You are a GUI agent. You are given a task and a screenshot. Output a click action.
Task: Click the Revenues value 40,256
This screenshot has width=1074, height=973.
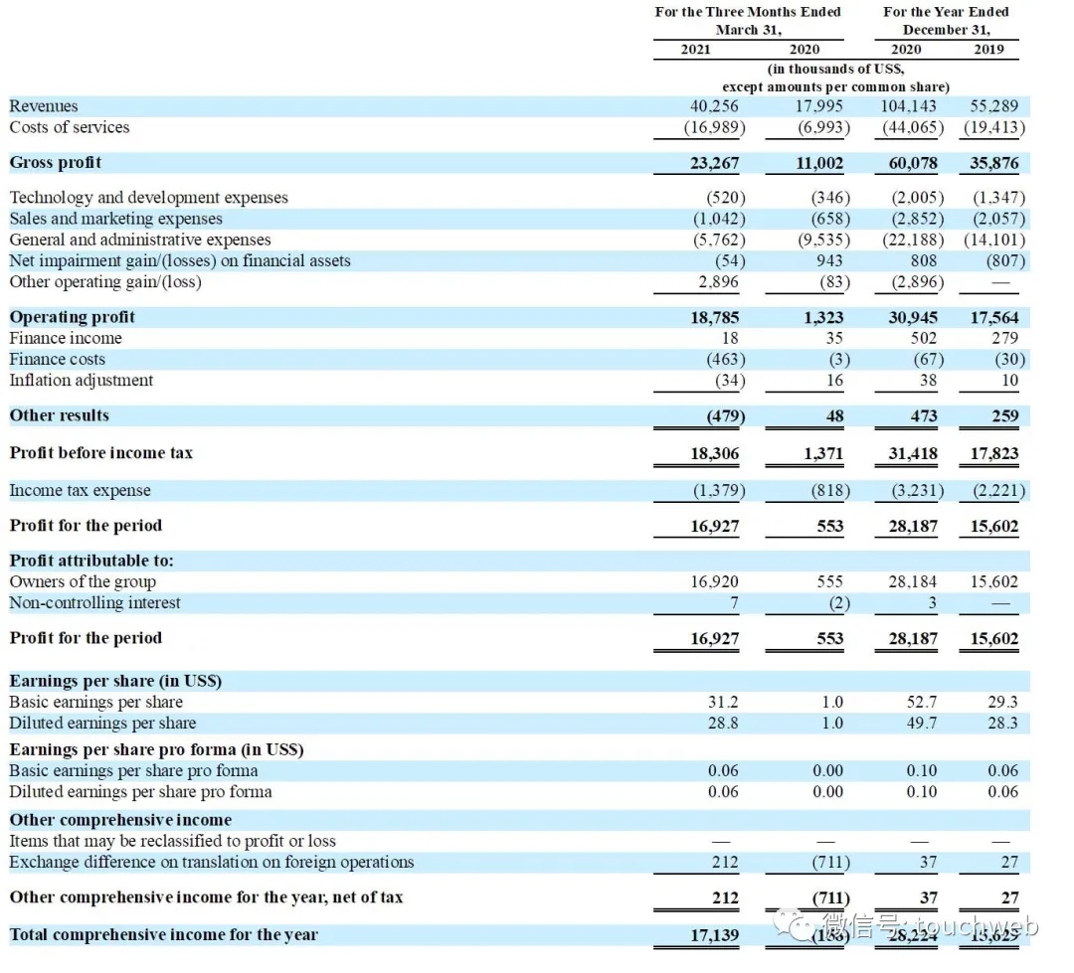(715, 106)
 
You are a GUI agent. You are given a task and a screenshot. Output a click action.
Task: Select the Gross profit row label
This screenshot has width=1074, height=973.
(56, 163)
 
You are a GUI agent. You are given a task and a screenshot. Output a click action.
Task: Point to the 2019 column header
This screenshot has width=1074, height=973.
(988, 50)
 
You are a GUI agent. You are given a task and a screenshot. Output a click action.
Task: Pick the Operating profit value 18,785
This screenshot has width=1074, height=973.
(715, 318)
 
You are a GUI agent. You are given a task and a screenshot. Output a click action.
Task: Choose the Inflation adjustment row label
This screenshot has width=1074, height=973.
(82, 381)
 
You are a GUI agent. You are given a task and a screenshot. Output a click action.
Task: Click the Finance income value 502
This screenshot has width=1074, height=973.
(922, 339)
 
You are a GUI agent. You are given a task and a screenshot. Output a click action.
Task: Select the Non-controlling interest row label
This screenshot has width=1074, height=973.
(95, 603)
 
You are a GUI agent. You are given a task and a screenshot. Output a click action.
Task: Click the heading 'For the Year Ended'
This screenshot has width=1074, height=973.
(946, 12)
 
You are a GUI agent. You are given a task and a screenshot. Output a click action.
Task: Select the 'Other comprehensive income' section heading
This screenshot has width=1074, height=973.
(120, 820)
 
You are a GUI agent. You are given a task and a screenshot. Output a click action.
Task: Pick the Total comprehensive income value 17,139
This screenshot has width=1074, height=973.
(715, 935)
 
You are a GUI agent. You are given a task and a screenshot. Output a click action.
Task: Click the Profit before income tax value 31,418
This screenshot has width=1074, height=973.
(913, 454)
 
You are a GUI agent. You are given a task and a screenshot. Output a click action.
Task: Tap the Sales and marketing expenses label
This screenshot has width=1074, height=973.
(116, 219)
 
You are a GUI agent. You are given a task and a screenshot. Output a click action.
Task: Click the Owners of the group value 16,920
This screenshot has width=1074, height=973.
(715, 582)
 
